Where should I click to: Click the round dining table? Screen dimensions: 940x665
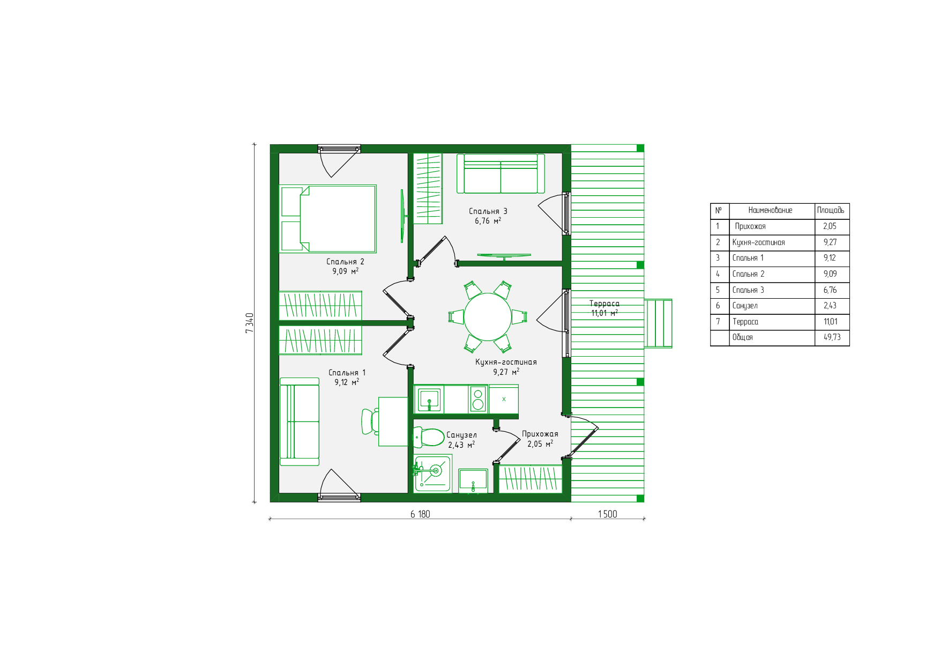(488, 317)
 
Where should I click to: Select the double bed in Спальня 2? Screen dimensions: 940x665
(327, 219)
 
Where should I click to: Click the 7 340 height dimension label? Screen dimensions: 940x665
(250, 323)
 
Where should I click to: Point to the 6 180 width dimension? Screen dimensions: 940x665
(420, 514)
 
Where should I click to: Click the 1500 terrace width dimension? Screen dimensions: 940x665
(608, 514)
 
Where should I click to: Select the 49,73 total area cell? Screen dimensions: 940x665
(832, 337)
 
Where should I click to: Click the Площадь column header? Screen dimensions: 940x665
(831, 210)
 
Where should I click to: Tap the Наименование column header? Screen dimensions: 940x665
(770, 210)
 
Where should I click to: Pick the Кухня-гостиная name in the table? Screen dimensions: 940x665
(758, 242)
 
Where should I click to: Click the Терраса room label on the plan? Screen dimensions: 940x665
(605, 304)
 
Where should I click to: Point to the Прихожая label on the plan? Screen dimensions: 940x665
(540, 434)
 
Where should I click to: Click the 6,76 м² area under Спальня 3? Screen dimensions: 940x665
(488, 220)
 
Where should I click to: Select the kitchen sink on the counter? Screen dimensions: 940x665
(429, 399)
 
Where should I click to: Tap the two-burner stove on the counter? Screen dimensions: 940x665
(478, 399)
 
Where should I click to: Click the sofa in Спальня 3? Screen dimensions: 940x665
(501, 173)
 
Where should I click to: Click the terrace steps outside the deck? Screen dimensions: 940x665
(658, 323)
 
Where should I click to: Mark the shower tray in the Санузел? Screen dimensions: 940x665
(432, 473)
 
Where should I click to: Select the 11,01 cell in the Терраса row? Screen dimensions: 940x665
(830, 322)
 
